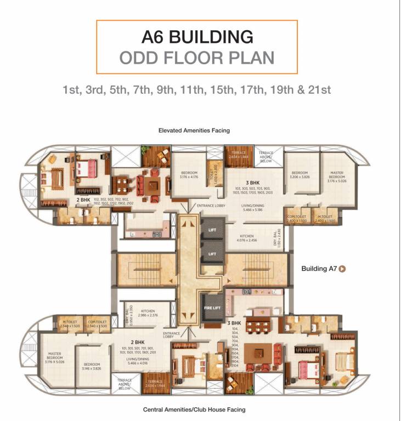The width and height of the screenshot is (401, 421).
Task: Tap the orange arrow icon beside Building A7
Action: click(x=342, y=269)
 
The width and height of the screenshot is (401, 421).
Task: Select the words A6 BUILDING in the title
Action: click(x=197, y=37)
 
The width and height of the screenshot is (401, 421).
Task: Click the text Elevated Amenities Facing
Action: click(x=194, y=130)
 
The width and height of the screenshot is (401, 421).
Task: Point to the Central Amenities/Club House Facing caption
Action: click(x=194, y=409)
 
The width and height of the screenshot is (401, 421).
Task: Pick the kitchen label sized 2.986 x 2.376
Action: click(x=147, y=313)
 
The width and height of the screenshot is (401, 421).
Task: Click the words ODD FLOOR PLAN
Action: click(x=197, y=58)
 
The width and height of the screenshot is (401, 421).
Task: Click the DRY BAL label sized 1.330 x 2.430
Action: click(x=277, y=238)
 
